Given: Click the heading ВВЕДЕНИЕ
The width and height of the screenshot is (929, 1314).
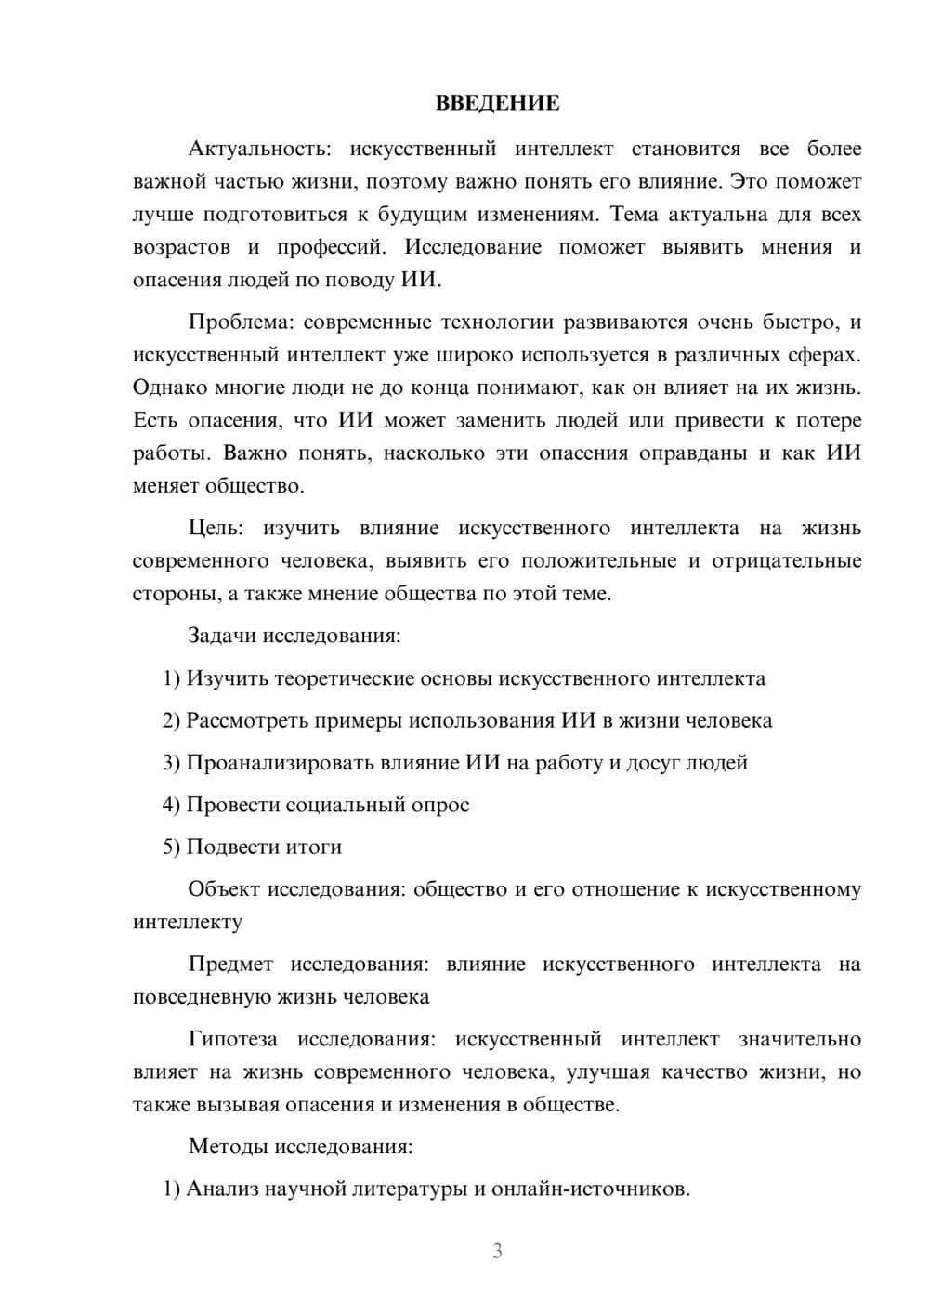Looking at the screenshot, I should click(x=497, y=103).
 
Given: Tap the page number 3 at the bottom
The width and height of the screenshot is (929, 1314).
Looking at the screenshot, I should click(x=497, y=1251).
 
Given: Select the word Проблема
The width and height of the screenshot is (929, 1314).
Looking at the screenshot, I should click(x=239, y=322).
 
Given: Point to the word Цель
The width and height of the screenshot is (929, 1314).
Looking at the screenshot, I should click(x=216, y=528).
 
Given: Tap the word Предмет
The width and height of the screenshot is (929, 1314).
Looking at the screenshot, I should click(x=230, y=964).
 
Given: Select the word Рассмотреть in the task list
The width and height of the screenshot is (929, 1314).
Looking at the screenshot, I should click(x=247, y=720).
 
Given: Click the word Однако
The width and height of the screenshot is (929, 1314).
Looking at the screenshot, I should click(x=166, y=388).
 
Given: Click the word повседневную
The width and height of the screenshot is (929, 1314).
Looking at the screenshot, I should click(x=202, y=997).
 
